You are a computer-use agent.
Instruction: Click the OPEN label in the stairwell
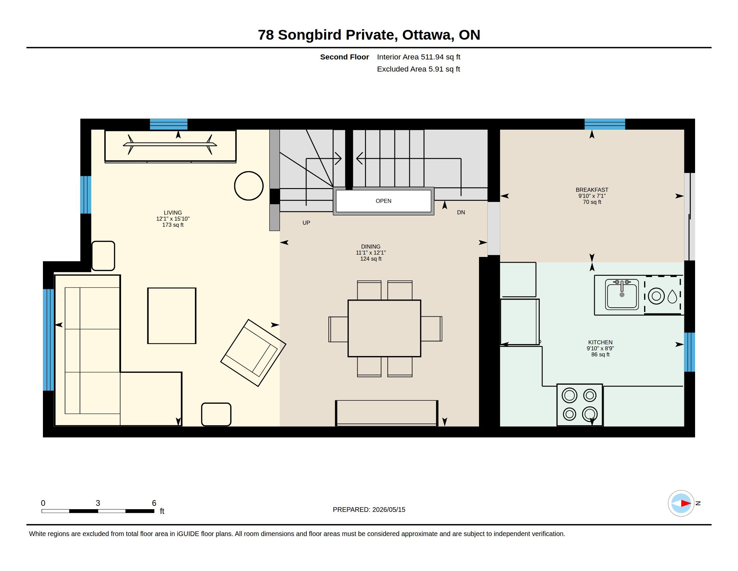click(x=383, y=201)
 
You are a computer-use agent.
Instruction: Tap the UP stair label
click(x=306, y=223)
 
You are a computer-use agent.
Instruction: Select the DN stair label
click(x=461, y=212)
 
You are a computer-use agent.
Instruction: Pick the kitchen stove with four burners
click(x=580, y=405)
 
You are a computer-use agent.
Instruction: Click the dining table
click(x=384, y=328)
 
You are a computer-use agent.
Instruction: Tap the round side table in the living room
click(x=249, y=186)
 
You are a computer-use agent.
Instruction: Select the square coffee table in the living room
click(x=172, y=316)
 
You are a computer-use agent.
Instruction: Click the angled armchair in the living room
click(x=253, y=352)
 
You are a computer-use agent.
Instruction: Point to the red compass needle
click(x=686, y=503)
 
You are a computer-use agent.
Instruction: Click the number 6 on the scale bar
click(x=154, y=503)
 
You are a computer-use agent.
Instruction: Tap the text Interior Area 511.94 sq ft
click(x=419, y=57)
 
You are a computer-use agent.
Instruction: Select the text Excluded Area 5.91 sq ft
click(x=418, y=69)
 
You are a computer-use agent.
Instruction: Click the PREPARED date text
click(x=369, y=510)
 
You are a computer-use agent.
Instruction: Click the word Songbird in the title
click(x=310, y=35)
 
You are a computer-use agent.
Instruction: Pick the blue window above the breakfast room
click(x=605, y=124)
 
